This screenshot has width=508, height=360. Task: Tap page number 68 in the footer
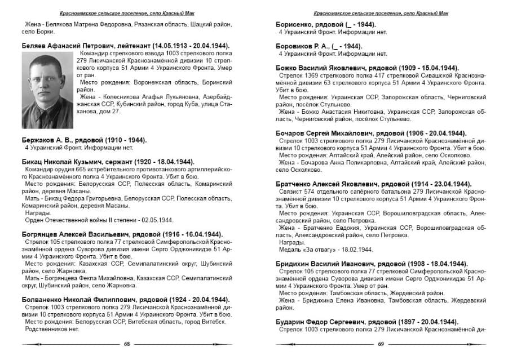click(x=126, y=343)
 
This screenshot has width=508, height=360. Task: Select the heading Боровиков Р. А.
click(x=319, y=46)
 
